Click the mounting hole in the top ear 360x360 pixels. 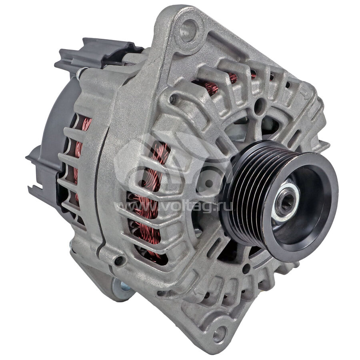[x=188, y=30]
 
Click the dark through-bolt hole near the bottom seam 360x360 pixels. [x=119, y=260]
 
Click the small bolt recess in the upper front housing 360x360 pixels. [x=172, y=99]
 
